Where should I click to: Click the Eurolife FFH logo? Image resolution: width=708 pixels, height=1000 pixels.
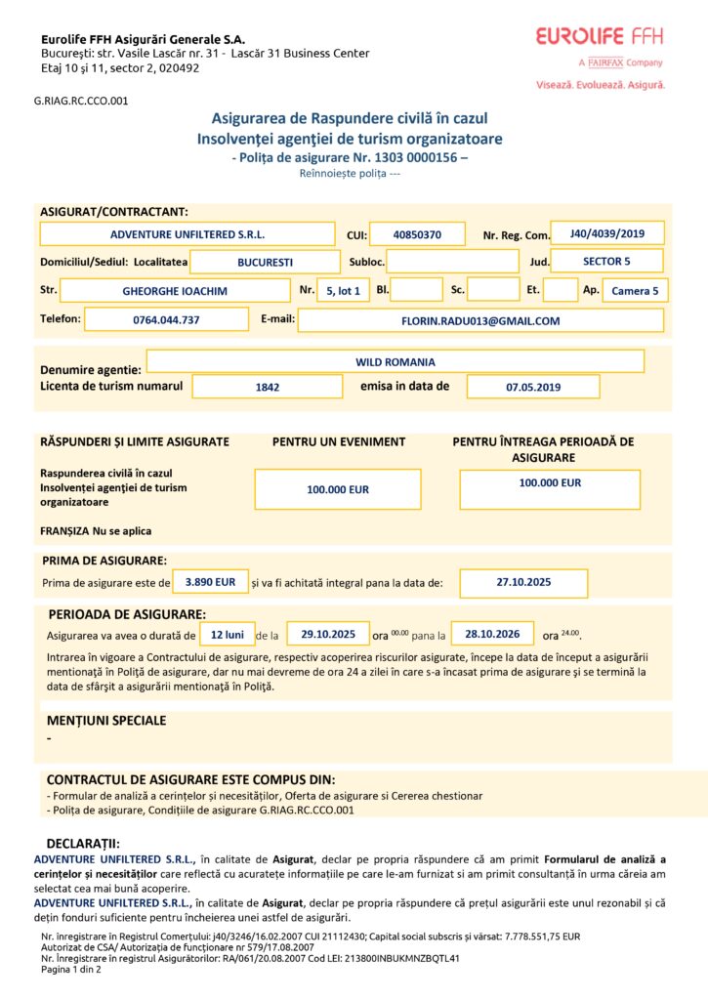pyautogui.click(x=600, y=37)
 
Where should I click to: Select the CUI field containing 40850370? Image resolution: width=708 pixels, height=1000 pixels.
pyautogui.click(x=417, y=234)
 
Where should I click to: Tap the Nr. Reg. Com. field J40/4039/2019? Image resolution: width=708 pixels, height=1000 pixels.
pyautogui.click(x=607, y=233)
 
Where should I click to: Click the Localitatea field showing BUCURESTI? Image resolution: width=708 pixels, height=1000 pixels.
pyautogui.click(x=265, y=262)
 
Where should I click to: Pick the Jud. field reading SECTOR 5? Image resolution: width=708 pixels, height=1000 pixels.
pyautogui.click(x=606, y=261)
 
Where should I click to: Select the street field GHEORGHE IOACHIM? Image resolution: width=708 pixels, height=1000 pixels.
pyautogui.click(x=175, y=290)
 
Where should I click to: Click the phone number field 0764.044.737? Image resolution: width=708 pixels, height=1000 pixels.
pyautogui.click(x=166, y=319)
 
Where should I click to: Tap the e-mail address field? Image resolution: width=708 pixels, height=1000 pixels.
pyautogui.click(x=480, y=319)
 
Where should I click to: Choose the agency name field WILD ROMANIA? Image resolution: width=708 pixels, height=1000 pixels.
pyautogui.click(x=395, y=361)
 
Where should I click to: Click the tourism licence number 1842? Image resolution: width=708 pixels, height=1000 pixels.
pyautogui.click(x=268, y=387)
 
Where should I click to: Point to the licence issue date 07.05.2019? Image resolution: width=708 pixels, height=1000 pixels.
pyautogui.click(x=533, y=387)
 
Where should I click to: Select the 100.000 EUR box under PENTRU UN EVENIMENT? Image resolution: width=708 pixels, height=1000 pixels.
pyautogui.click(x=338, y=489)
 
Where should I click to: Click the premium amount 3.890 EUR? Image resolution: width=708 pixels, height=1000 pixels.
pyautogui.click(x=211, y=582)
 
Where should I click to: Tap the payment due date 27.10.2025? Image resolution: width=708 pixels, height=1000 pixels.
pyautogui.click(x=523, y=582)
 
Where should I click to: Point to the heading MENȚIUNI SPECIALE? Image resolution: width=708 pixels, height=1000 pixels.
pyautogui.click(x=106, y=721)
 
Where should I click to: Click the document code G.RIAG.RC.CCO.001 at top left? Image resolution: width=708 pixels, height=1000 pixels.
pyautogui.click(x=81, y=100)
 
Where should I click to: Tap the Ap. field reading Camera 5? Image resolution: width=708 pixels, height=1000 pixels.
pyautogui.click(x=635, y=290)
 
